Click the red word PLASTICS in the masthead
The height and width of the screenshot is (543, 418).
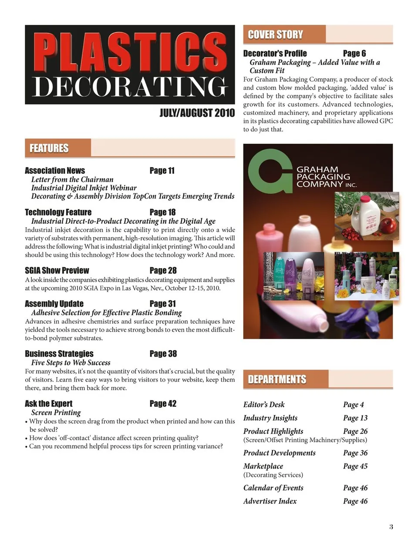tap(130, 52)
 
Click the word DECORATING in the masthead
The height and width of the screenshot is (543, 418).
tap(130, 87)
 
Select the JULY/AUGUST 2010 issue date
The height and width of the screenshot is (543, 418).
tap(197, 113)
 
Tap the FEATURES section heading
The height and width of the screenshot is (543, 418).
tap(49, 148)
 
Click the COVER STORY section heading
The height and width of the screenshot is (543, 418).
tap(275, 35)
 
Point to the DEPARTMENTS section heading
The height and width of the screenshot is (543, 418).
tap(277, 379)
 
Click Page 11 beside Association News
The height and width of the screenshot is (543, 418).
tap(162, 171)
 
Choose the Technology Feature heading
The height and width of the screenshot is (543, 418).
tap(58, 212)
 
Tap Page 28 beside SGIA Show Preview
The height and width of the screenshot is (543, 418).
tap(163, 270)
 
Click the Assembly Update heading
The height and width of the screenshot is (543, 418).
tap(54, 304)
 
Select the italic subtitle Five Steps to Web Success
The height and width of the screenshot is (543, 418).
tap(71, 362)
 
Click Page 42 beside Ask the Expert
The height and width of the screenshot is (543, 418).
tap(163, 404)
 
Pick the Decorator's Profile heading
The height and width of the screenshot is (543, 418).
tap(275, 54)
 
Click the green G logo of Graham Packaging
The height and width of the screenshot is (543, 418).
tap(270, 171)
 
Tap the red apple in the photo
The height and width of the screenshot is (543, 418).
tap(387, 226)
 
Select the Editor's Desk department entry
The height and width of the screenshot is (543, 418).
tap(264, 405)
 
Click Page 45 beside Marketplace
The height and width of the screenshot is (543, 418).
tap(355, 466)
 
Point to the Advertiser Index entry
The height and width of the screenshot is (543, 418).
tap(270, 501)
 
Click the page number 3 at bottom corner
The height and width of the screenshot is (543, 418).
tap(391, 527)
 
